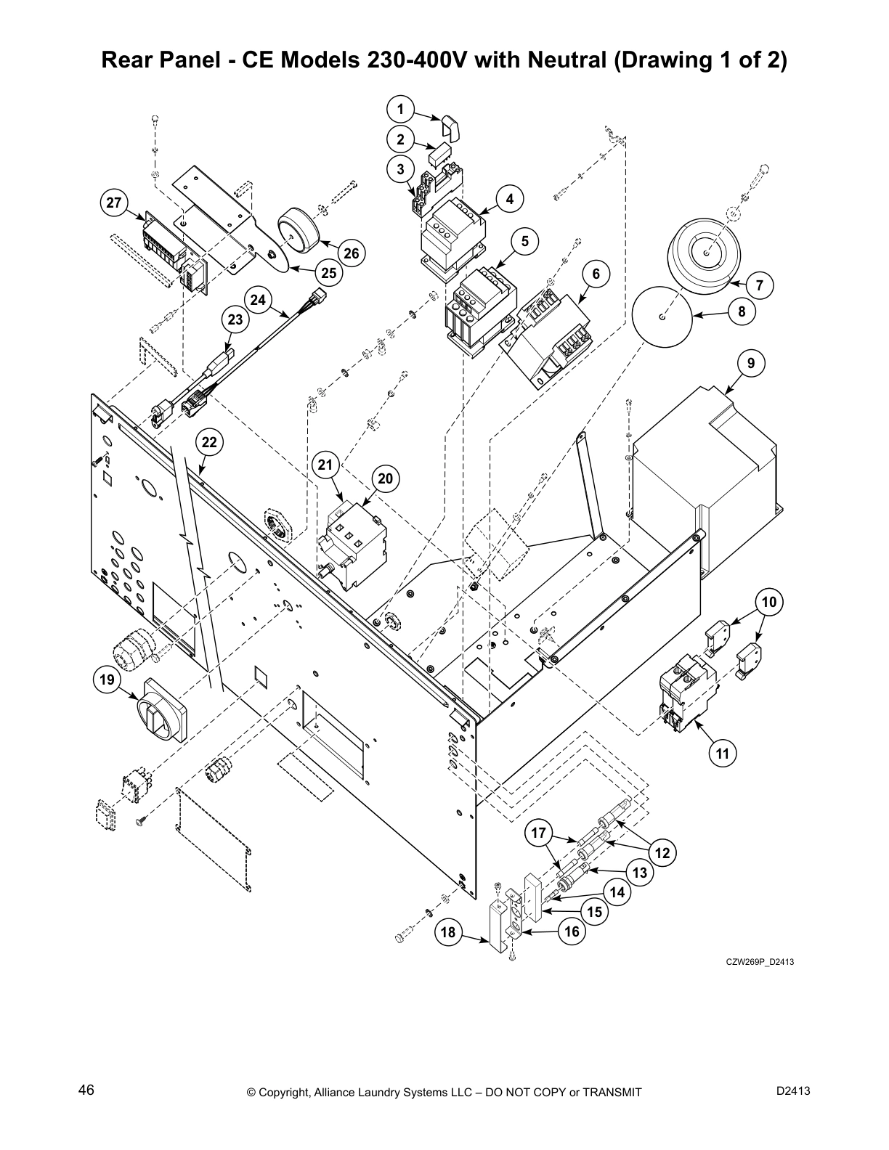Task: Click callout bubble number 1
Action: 400,109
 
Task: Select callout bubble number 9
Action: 750,363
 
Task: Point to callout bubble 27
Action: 113,203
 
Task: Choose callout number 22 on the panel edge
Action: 209,442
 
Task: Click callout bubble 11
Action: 722,754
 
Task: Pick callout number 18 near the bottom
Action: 450,932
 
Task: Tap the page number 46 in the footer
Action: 86,1090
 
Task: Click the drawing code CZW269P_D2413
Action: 760,962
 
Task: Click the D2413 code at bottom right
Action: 793,1090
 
